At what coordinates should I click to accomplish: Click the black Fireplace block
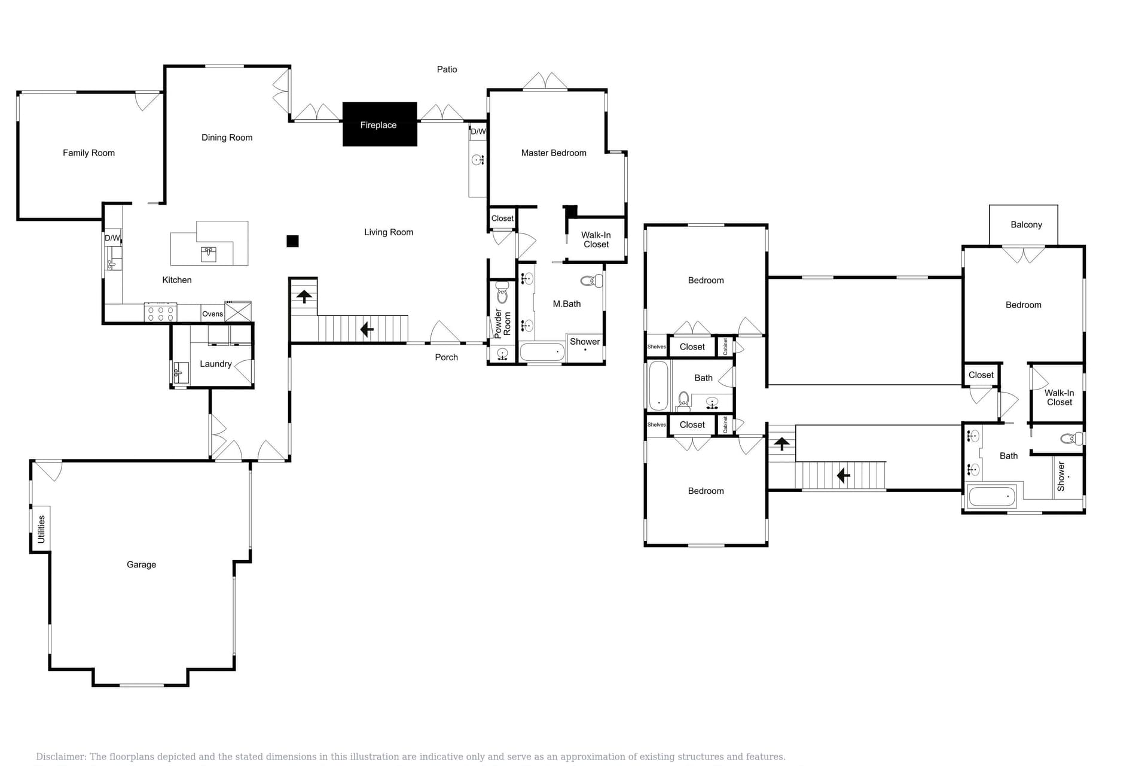click(379, 124)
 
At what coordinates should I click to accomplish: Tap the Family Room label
click(88, 153)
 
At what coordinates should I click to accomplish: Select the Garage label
click(141, 564)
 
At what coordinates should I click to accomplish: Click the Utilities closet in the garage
click(41, 529)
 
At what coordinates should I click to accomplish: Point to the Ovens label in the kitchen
click(212, 314)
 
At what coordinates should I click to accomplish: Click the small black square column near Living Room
click(292, 241)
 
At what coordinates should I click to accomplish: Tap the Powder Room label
click(502, 323)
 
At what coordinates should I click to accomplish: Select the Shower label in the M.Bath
click(584, 342)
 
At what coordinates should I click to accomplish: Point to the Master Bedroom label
click(553, 153)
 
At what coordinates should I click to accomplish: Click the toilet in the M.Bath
click(592, 281)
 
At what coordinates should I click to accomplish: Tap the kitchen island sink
click(209, 253)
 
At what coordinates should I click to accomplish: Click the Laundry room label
click(215, 364)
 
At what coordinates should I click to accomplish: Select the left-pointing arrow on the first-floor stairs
click(367, 329)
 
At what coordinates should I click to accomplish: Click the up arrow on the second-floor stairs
click(781, 443)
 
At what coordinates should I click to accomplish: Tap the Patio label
click(447, 69)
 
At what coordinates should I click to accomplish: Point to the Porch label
click(446, 357)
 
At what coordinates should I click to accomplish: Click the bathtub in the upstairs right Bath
click(991, 497)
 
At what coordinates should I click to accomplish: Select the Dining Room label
click(227, 138)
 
